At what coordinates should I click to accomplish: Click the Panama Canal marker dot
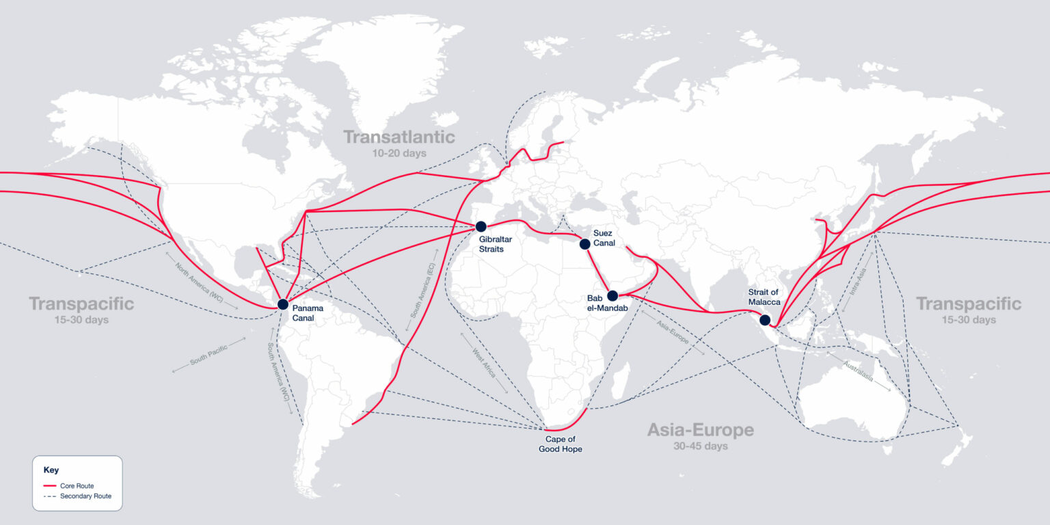pyautogui.click(x=283, y=304)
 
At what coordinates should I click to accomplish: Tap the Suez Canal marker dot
pyautogui.click(x=584, y=244)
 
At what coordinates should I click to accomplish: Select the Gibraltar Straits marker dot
pyautogui.click(x=481, y=226)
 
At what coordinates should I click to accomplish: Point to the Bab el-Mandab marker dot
pyautogui.click(x=612, y=296)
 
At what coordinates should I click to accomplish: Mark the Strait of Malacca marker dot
pyautogui.click(x=765, y=320)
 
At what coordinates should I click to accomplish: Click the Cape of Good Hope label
pyautogui.click(x=564, y=444)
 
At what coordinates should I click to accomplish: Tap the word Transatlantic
pyautogui.click(x=399, y=137)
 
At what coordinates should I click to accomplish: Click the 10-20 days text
pyautogui.click(x=399, y=153)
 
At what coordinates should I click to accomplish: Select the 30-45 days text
pyautogui.click(x=700, y=446)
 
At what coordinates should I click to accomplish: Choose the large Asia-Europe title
pyautogui.click(x=700, y=430)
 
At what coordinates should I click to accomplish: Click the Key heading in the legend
pyautogui.click(x=51, y=470)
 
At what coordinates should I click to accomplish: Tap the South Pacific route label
pyautogui.click(x=208, y=355)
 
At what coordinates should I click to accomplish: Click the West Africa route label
pyautogui.click(x=484, y=362)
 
